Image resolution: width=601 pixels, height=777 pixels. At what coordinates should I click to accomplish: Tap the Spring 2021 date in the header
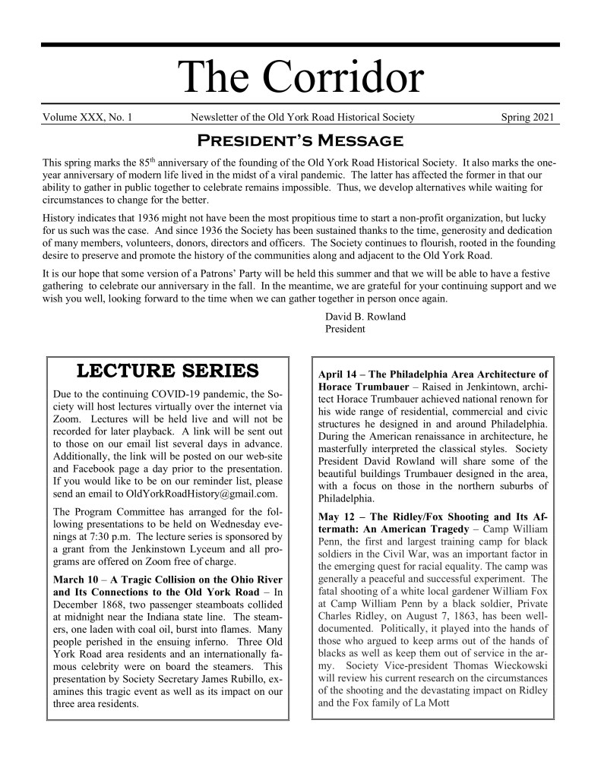point(530,117)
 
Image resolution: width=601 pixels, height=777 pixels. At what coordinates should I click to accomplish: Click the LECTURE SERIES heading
point(168,371)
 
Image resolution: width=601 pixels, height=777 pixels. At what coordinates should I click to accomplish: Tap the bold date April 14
point(342,374)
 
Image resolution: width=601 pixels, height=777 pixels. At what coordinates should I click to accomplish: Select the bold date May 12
point(339,517)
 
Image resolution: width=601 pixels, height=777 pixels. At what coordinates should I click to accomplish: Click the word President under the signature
point(345,330)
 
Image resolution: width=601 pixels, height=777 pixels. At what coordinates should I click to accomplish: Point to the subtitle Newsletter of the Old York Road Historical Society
point(302,117)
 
